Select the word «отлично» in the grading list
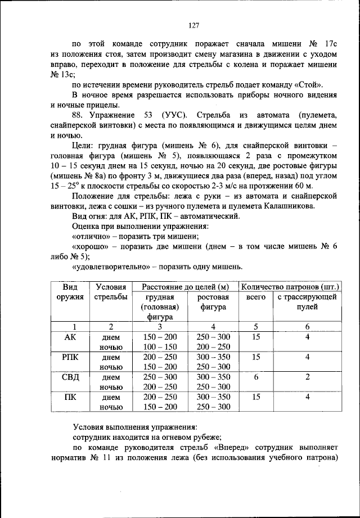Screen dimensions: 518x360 (x=92, y=236)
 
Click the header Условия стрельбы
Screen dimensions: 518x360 (x=111, y=292)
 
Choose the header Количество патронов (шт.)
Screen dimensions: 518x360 (x=291, y=287)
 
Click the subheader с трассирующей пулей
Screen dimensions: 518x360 (x=307, y=301)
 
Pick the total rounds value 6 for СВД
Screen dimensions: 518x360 (x=256, y=377)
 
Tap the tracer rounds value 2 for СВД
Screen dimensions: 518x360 (x=307, y=377)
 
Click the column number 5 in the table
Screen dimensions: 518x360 (x=256, y=326)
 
